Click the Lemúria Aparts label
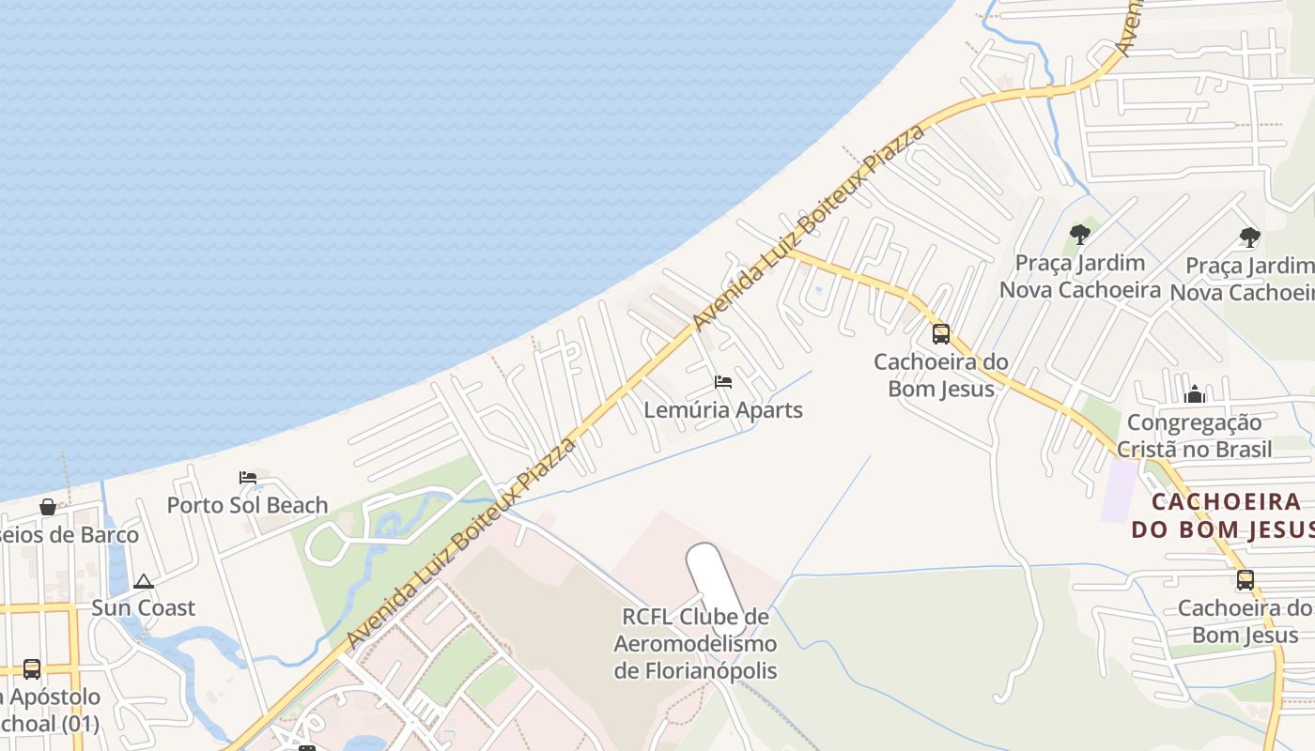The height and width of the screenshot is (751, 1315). (x=723, y=410)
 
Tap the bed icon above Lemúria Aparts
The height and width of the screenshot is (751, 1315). (x=723, y=382)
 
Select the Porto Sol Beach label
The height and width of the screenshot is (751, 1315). (x=247, y=505)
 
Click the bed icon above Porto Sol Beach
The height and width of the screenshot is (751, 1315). (x=248, y=478)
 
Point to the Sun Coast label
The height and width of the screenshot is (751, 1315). (x=143, y=608)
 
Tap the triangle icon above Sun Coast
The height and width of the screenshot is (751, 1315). (x=143, y=582)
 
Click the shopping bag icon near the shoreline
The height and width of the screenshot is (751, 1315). (x=48, y=508)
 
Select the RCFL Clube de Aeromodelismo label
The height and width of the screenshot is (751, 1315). (x=695, y=644)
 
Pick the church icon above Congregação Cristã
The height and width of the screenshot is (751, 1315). (x=1195, y=395)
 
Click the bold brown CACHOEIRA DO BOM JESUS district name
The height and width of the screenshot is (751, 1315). (x=1221, y=515)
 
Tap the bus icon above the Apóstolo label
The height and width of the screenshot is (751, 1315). (x=32, y=669)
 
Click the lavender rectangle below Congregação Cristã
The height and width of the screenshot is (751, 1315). (x=1118, y=490)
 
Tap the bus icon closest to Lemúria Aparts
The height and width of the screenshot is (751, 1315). (x=941, y=334)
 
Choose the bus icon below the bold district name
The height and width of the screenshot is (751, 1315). (x=1245, y=580)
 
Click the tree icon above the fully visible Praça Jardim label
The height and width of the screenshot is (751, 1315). (x=1080, y=235)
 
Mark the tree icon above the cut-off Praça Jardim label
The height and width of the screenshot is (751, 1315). (x=1249, y=238)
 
